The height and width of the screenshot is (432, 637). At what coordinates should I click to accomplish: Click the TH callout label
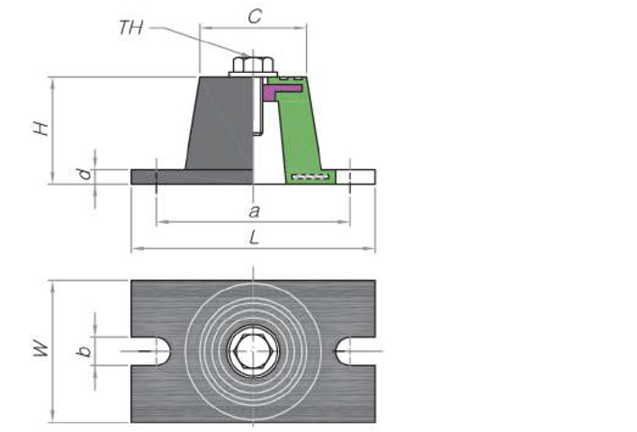point(131,27)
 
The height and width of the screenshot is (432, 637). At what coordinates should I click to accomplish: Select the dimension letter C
point(255,15)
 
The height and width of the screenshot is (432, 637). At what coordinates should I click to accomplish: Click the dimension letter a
point(254,211)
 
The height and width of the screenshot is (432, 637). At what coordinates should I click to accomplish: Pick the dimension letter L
point(255,238)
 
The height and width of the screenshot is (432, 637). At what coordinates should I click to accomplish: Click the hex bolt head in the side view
point(253,66)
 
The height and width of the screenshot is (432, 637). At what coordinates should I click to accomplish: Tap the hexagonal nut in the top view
point(253,350)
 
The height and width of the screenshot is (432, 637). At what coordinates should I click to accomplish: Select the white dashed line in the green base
point(310,176)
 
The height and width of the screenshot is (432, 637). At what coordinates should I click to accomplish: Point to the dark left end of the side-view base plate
point(144,176)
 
